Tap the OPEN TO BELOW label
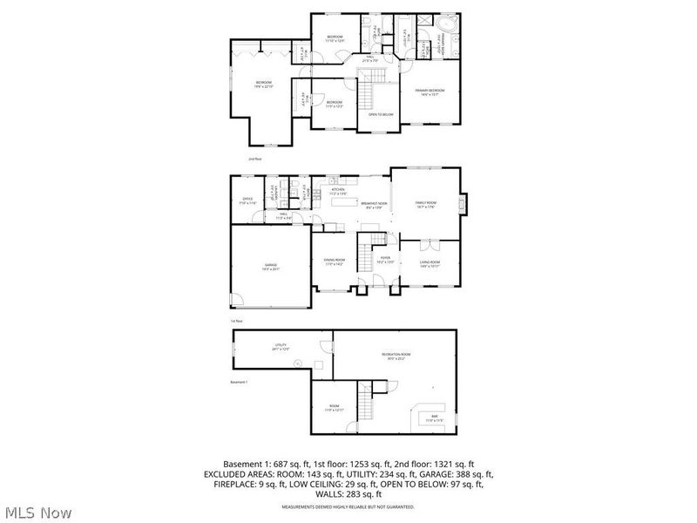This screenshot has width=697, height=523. tap(381, 114)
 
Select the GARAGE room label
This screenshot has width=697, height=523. tap(271, 267)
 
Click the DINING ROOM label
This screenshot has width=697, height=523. tap(335, 261)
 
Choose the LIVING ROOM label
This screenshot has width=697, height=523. tap(430, 263)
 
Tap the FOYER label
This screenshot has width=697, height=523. tap(384, 260)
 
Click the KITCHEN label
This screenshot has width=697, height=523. tap(338, 190)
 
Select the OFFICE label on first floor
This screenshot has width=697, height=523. tap(247, 200)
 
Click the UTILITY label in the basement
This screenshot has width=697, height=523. tap(281, 347)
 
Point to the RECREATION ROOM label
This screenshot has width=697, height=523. tap(396, 355)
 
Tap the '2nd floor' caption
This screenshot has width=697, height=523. tap(254, 160)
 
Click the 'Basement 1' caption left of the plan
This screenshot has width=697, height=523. tap(239, 382)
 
